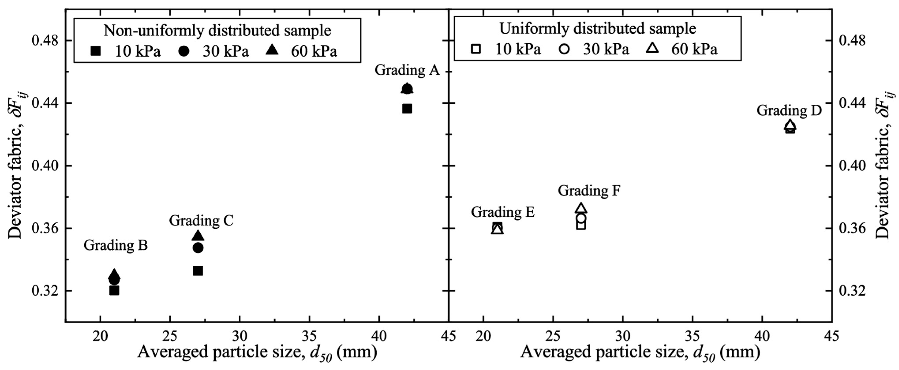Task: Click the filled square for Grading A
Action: (x=407, y=109)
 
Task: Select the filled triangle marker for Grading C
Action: (x=198, y=235)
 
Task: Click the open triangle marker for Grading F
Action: (x=581, y=208)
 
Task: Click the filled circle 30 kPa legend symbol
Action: (x=183, y=51)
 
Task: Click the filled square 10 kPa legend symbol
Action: (x=95, y=51)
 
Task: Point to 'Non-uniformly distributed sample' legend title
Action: (x=217, y=31)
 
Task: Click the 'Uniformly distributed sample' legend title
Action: (x=598, y=29)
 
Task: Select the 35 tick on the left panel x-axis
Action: (x=309, y=336)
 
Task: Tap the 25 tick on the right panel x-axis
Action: (x=553, y=336)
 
